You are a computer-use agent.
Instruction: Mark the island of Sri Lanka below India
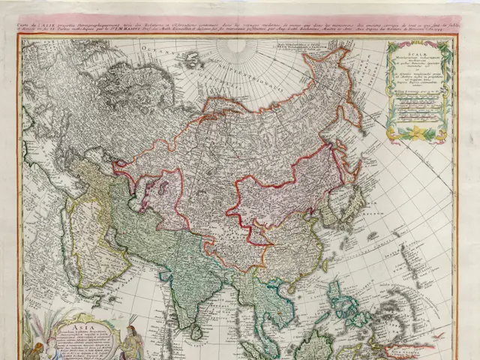[196, 330]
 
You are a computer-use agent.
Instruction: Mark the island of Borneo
[315, 345]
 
